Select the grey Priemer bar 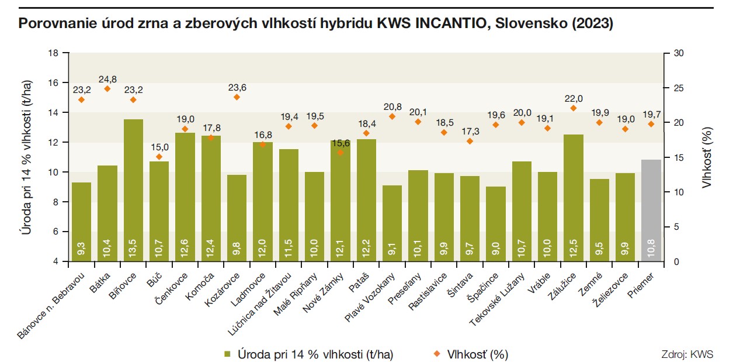tap(651, 211)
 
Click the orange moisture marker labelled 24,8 tap(107, 89)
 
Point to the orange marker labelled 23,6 tap(237, 97)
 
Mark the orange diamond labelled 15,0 tap(159, 157)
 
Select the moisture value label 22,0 tap(574, 98)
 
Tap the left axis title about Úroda tap(26, 157)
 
